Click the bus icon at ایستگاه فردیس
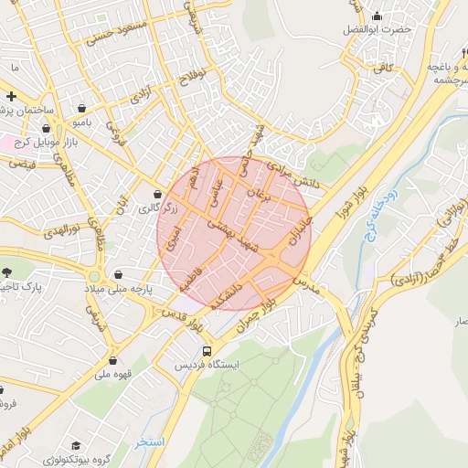(207, 351)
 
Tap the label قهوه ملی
(115, 374)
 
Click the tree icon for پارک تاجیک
(7, 272)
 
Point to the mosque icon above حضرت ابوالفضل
(377, 15)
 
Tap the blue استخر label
(149, 441)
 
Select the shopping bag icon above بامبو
(83, 107)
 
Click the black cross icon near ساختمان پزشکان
(10, 96)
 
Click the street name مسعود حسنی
(90, 34)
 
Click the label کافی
(397, 66)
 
